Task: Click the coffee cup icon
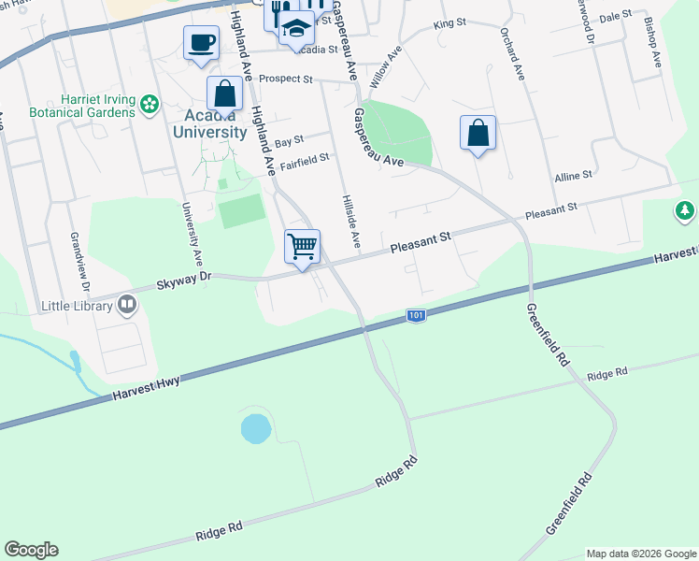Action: coord(201,42)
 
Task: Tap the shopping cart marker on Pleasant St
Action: coord(302,248)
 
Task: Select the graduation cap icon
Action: coord(297,29)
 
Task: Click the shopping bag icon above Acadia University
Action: coord(224,93)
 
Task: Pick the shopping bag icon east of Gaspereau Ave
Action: coord(478,133)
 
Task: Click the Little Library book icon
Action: coord(126,304)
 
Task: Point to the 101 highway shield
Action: coord(417,316)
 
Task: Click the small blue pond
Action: coord(255,429)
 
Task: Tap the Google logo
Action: coord(31,550)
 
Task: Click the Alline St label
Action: coord(573,175)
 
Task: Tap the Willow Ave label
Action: coord(386,68)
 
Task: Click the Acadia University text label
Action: coord(209,124)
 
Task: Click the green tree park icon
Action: coord(685,211)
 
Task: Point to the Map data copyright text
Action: coord(641,553)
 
